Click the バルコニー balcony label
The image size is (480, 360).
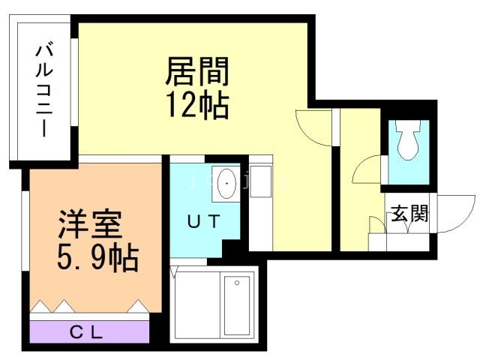[43, 91]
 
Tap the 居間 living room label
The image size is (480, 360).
[196, 73]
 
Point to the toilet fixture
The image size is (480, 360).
[409, 141]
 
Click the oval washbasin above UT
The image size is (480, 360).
[226, 184]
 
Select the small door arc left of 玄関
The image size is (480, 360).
[377, 225]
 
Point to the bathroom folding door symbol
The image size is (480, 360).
[175, 271]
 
